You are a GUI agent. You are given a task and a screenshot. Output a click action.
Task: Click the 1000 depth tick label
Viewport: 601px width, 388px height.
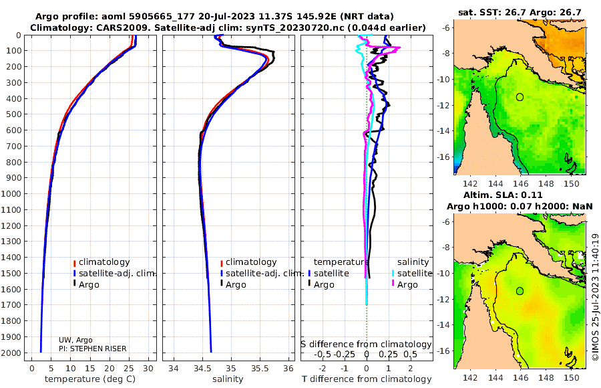11,193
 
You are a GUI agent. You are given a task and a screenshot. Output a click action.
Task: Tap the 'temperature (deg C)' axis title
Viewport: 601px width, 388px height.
90,379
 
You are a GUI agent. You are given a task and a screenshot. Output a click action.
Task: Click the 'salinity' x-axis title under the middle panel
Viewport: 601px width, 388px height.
228,379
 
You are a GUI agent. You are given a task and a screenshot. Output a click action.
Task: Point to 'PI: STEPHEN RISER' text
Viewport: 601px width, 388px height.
92,349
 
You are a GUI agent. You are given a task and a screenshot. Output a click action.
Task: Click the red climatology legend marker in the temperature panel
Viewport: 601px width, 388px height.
74,263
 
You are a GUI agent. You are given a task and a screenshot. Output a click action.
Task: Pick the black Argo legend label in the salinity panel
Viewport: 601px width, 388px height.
236,285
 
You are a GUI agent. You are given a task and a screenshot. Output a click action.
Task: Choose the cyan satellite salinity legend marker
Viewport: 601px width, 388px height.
393,274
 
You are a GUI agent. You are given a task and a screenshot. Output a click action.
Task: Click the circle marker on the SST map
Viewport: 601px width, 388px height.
520,97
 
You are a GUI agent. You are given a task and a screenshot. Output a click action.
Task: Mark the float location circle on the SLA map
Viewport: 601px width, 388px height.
520,291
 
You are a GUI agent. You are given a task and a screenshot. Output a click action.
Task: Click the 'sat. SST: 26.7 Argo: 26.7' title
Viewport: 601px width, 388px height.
520,12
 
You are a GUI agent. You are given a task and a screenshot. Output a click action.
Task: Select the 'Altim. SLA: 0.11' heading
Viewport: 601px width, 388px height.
503,195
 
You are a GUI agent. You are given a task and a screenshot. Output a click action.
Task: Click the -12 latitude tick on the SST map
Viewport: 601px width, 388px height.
443,105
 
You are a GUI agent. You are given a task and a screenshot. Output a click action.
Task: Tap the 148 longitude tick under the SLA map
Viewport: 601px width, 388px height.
546,377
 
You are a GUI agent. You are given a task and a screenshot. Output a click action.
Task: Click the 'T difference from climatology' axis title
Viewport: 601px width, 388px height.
367,379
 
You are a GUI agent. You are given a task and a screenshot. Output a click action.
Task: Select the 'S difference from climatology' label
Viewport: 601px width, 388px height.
366,344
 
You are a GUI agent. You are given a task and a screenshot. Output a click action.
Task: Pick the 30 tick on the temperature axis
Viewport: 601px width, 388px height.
148,368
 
